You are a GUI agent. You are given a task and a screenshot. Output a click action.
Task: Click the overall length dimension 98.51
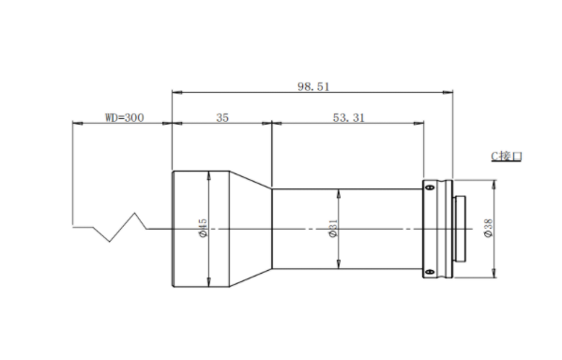tap(313, 86)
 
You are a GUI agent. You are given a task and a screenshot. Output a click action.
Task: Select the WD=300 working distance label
tap(125, 118)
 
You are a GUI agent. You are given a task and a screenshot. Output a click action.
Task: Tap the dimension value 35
tap(222, 118)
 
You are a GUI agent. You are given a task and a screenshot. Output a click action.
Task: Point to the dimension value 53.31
tap(349, 118)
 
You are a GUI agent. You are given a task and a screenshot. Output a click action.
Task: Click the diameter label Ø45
tap(203, 228)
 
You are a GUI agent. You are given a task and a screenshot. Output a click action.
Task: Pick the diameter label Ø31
tap(333, 228)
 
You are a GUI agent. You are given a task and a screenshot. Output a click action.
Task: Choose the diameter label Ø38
tap(488, 228)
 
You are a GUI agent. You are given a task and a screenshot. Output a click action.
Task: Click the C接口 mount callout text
tap(507, 157)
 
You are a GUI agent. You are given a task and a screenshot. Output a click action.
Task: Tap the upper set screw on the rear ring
tap(431, 187)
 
